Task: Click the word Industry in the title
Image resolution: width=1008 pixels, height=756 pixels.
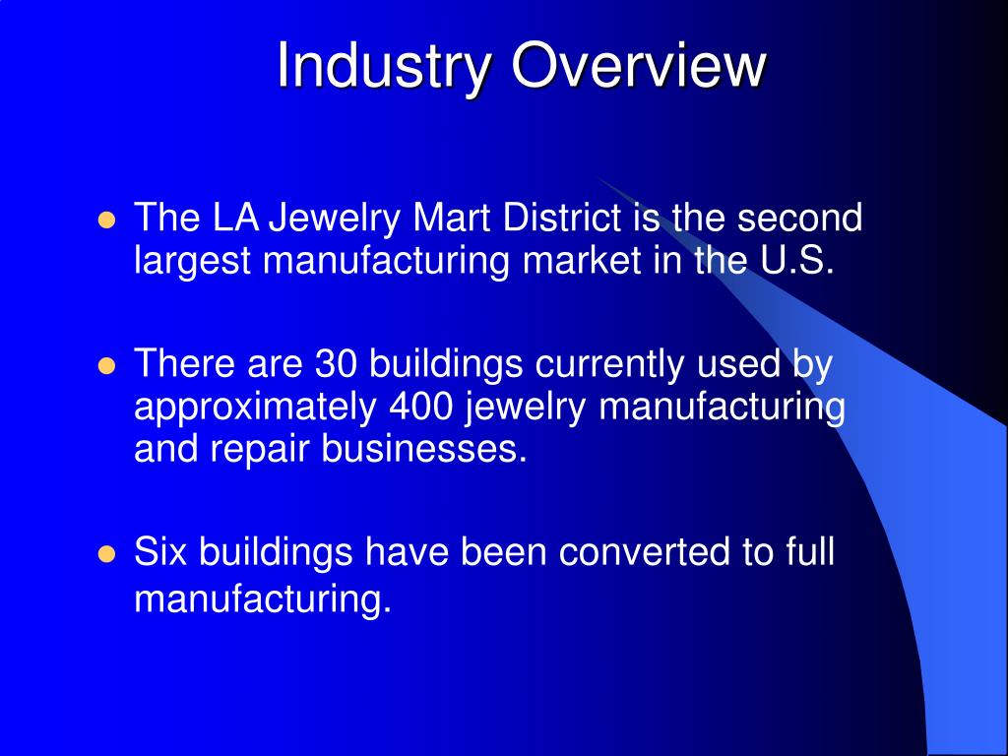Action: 385,67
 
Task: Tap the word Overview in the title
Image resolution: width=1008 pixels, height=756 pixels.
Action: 639,67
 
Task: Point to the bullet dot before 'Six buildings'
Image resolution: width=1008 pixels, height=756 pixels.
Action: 107,553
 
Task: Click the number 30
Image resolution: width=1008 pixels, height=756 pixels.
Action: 339,365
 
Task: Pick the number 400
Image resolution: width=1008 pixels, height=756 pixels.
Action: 424,408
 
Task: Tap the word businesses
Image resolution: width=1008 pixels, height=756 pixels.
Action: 424,449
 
